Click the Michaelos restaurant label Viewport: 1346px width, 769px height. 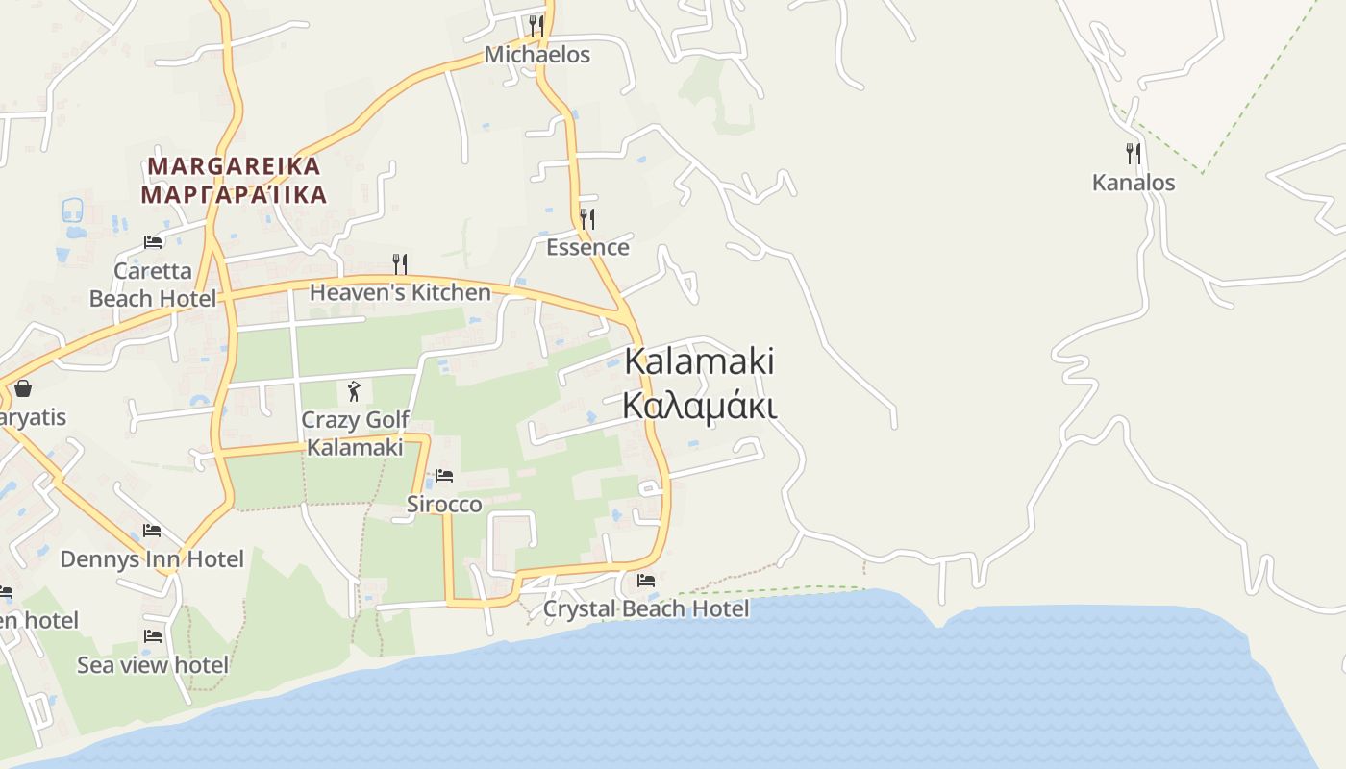[x=536, y=55]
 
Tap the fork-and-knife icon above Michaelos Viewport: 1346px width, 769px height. [x=536, y=25]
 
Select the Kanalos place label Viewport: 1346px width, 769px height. [x=1134, y=183]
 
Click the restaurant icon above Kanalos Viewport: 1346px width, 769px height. [x=1134, y=154]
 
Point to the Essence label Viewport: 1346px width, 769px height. [x=587, y=247]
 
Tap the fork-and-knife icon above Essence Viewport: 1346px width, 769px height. [x=587, y=219]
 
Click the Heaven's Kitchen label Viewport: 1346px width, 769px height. [x=400, y=292]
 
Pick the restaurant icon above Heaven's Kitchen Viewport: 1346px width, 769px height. [x=400, y=263]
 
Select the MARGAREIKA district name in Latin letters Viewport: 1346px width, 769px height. [x=234, y=166]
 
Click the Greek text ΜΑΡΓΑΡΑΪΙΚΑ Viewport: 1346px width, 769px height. [x=234, y=195]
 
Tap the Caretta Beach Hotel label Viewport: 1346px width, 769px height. [x=153, y=285]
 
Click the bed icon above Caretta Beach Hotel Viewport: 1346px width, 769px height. [x=153, y=242]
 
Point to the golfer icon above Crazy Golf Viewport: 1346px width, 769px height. [x=354, y=391]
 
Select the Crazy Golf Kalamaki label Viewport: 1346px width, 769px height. [x=355, y=434]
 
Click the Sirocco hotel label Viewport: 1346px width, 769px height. [x=443, y=505]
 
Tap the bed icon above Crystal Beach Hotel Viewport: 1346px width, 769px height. [x=646, y=581]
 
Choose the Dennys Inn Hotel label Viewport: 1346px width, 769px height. [x=152, y=559]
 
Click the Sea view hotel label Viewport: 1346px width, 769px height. [x=153, y=665]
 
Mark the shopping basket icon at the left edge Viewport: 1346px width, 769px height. [x=22, y=388]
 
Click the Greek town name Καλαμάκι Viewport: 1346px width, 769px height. [x=699, y=406]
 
